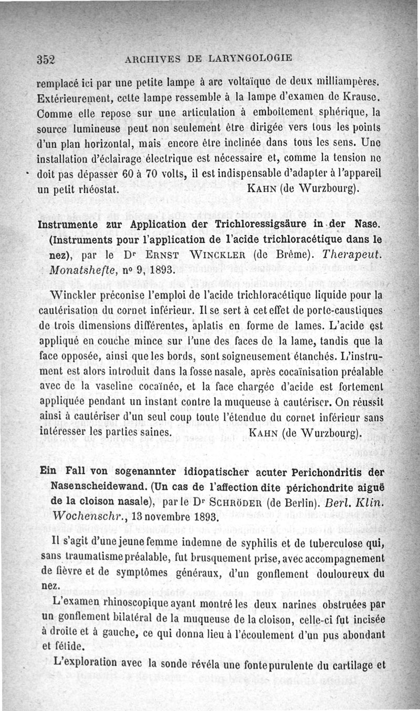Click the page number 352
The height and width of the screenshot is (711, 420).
point(46,58)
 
